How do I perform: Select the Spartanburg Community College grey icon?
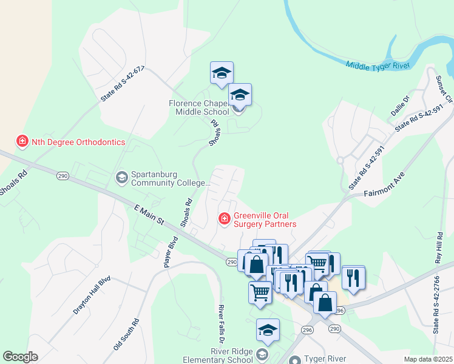pyautogui.click(x=121, y=177)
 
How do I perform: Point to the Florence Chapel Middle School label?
pyautogui.click(x=199, y=107)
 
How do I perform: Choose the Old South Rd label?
pyautogui.click(x=126, y=334)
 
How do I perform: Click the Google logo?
pyautogui.click(x=20, y=357)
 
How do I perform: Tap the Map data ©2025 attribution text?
pyautogui.click(x=427, y=359)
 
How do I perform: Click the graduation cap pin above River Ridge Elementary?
pyautogui.click(x=268, y=331)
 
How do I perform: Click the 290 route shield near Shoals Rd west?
pyautogui.click(x=64, y=176)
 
